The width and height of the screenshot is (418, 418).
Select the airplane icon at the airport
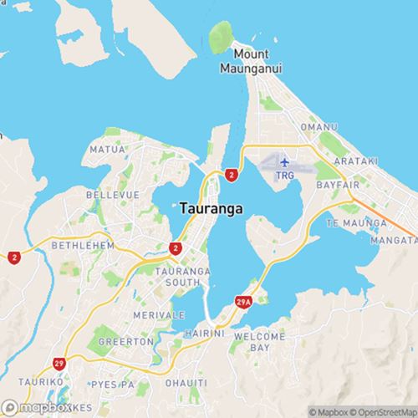(x=284, y=161)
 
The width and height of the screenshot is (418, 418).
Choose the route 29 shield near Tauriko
(x=59, y=364)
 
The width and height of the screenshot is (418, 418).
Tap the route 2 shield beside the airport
(x=231, y=174)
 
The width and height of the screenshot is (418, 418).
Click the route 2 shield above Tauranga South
(x=176, y=248)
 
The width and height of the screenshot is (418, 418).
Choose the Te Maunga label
(x=357, y=224)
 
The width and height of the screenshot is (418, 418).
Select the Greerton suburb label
(x=125, y=341)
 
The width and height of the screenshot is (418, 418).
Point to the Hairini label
(x=206, y=332)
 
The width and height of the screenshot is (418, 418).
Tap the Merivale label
(x=159, y=314)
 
